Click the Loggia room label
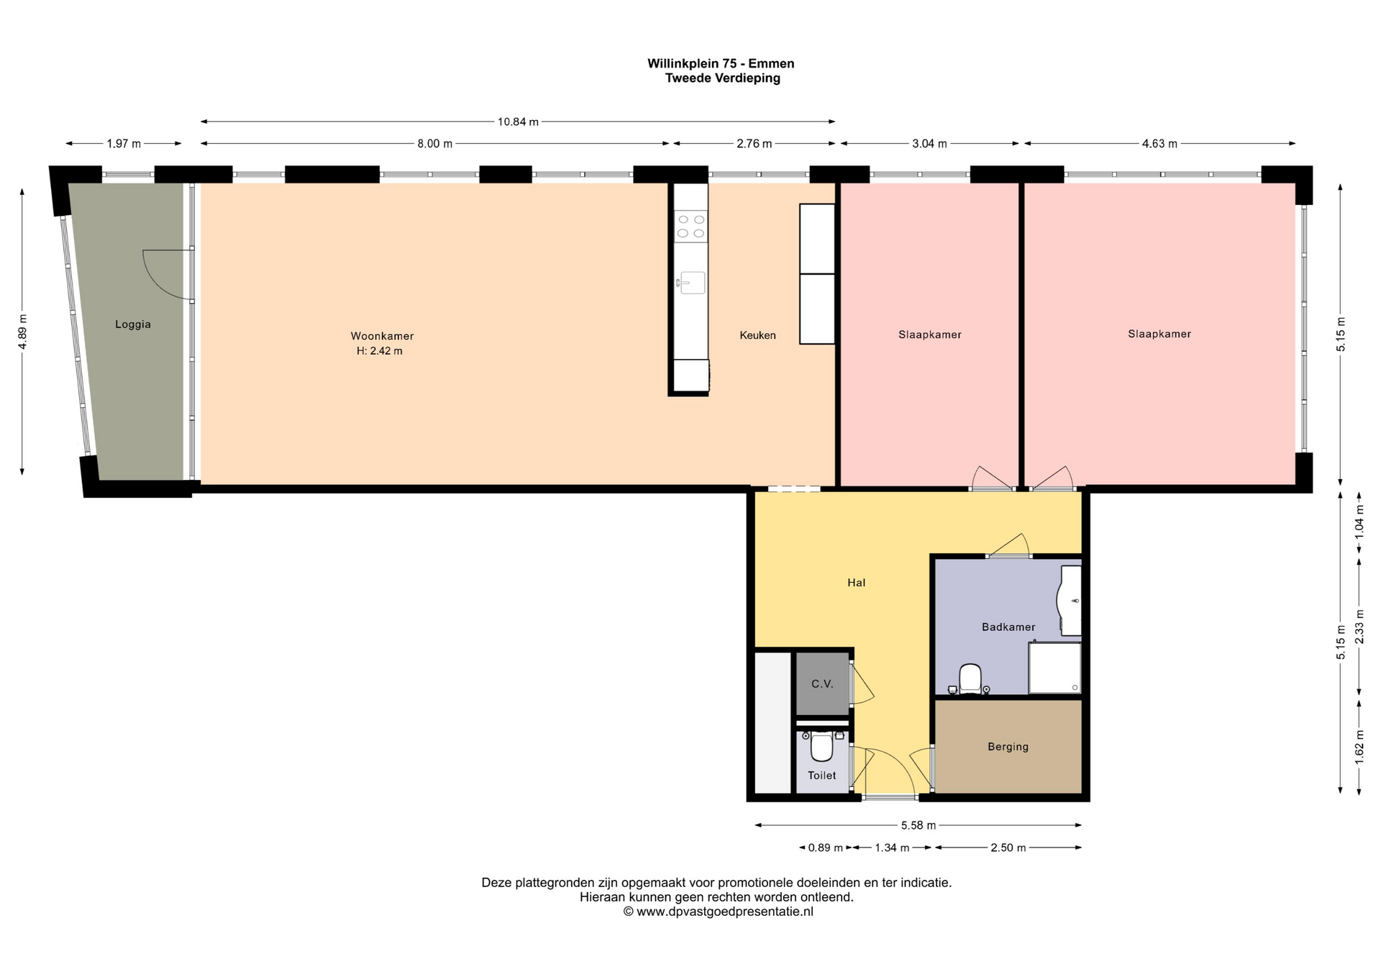point(133,324)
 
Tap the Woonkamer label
point(382,336)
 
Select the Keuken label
point(757,335)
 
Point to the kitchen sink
point(691,283)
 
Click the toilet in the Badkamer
point(970,678)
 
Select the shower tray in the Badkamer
point(1054,668)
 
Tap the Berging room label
point(1008,747)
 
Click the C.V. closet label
point(822,684)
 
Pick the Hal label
point(856,583)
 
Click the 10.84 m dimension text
point(518,122)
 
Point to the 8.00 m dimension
point(434,144)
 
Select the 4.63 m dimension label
point(1159,144)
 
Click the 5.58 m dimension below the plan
point(919,826)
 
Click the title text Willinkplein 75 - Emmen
point(721,63)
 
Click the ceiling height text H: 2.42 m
point(379,351)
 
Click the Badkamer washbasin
point(1070,601)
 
